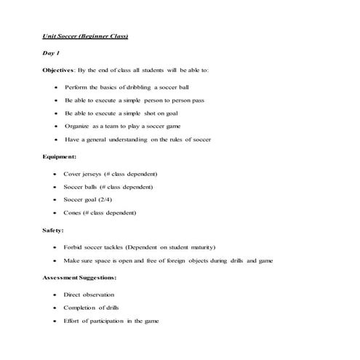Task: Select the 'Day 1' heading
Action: pos(50,53)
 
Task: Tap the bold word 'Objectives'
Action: pos(58,70)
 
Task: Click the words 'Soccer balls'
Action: pos(81,186)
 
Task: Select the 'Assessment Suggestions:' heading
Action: pos(79,277)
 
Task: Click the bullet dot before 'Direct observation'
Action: pos(56,295)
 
